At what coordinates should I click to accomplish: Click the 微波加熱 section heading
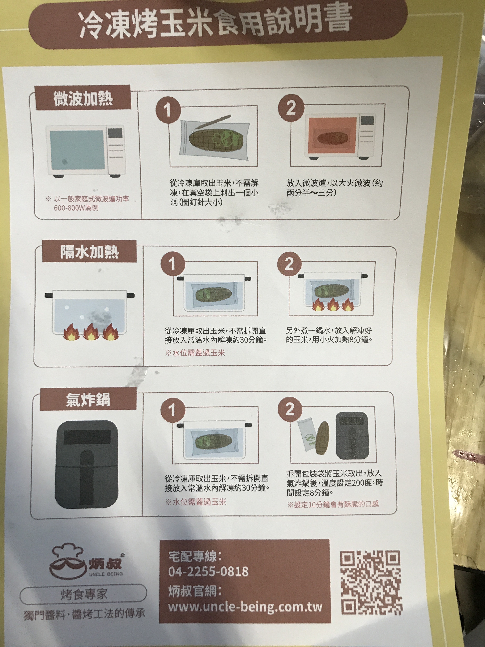83,98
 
